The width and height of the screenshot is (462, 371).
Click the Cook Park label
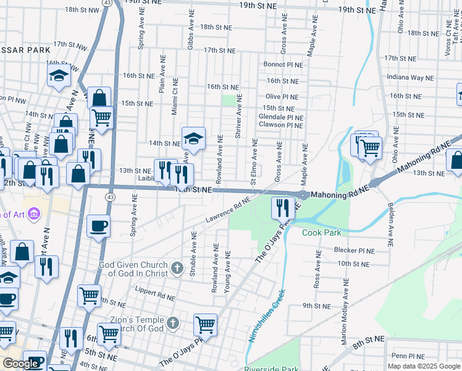coord(321,232)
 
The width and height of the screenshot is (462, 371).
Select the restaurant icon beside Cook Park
coord(283,208)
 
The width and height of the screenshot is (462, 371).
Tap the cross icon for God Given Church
coord(177,268)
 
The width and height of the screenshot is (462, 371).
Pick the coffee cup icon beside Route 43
coord(98,226)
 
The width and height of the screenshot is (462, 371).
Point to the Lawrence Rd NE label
coord(228,211)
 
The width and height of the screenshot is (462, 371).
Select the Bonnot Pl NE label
coord(283,64)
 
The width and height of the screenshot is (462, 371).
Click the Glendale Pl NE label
coord(281,117)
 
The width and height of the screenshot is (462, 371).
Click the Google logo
coord(21,364)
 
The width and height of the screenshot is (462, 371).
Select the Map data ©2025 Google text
coord(424,366)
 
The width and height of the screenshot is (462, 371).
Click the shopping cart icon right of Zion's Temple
coord(205,325)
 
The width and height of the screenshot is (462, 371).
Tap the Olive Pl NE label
coord(282,97)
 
